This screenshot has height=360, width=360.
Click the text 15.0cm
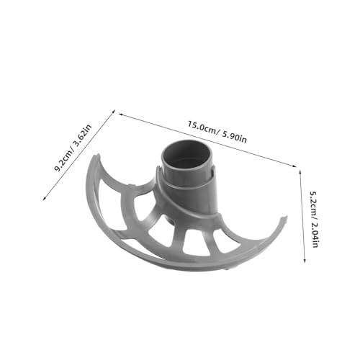pos(202,127)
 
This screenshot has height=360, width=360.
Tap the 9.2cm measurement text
pos(63,160)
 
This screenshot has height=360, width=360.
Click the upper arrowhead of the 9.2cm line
pos(114,112)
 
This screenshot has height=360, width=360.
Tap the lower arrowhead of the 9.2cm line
pos(44,198)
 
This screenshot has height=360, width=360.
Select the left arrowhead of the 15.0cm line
pos(121,114)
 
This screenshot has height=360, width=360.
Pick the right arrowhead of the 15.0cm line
pos(294,166)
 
